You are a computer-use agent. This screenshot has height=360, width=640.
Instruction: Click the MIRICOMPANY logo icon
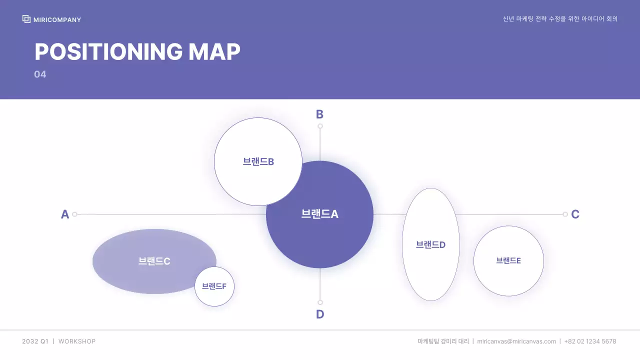pyautogui.click(x=26, y=19)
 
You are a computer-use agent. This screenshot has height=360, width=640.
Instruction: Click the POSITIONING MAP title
pyautogui.click(x=137, y=51)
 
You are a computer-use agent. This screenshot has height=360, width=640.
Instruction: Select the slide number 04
pyautogui.click(x=40, y=74)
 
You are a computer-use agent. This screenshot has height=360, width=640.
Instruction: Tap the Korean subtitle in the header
pyautogui.click(x=560, y=19)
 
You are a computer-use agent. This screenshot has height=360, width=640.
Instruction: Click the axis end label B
pyautogui.click(x=319, y=114)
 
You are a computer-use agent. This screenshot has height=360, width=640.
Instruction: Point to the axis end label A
pyautogui.click(x=65, y=214)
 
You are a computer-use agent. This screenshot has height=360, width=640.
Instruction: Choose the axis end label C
pyautogui.click(x=575, y=214)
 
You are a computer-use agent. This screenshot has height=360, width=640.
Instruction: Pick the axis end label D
pyautogui.click(x=320, y=314)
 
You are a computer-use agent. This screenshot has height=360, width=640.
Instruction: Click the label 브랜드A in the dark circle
pyautogui.click(x=320, y=214)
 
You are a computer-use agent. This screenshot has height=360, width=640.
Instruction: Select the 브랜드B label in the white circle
pyautogui.click(x=258, y=161)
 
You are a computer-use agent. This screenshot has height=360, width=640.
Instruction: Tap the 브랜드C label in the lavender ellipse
pyautogui.click(x=154, y=261)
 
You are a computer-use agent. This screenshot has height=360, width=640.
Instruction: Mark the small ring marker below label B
pyautogui.click(x=320, y=126)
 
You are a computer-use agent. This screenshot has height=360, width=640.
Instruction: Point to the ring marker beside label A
pyautogui.click(x=74, y=214)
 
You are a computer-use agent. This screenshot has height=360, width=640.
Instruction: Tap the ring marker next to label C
pyautogui.click(x=565, y=214)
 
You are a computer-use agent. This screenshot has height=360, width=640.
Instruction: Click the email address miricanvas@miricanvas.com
pyautogui.click(x=516, y=341)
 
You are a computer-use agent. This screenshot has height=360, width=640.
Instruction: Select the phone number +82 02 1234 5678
pyautogui.click(x=590, y=341)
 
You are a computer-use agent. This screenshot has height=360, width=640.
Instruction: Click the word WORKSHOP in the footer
pyautogui.click(x=77, y=341)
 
